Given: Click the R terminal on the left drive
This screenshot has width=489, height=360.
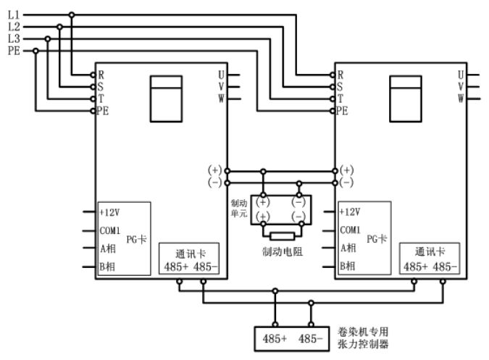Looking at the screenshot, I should pos(101,74).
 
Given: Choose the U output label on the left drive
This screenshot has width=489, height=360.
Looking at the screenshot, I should pos(221,74).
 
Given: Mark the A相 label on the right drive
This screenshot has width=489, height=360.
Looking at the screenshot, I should pos(347,248).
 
